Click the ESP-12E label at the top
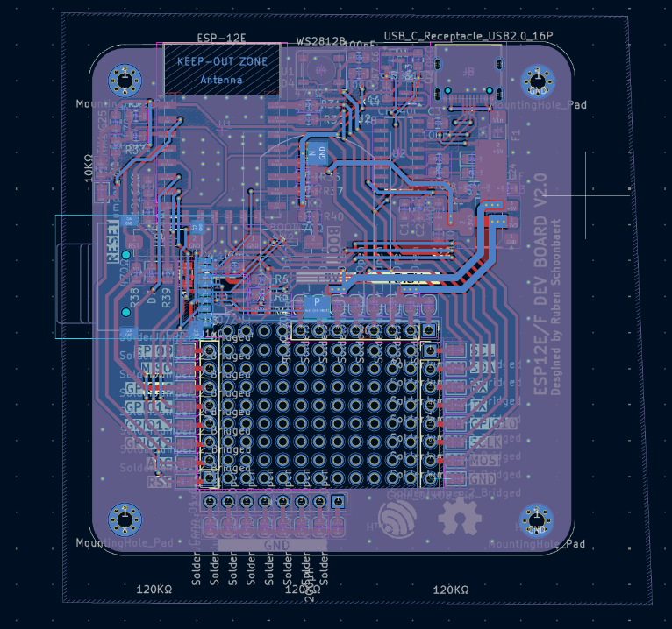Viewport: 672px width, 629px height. tap(221, 39)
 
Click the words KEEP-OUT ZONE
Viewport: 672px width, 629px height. tap(222, 62)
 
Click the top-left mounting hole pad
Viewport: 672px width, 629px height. tap(125, 81)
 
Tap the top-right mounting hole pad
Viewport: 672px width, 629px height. tap(537, 81)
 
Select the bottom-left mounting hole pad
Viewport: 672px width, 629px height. tap(125, 519)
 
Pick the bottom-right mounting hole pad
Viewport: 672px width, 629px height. tap(537, 520)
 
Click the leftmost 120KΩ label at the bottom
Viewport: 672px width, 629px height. tap(154, 590)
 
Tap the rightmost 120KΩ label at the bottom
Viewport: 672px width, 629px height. tap(451, 590)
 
